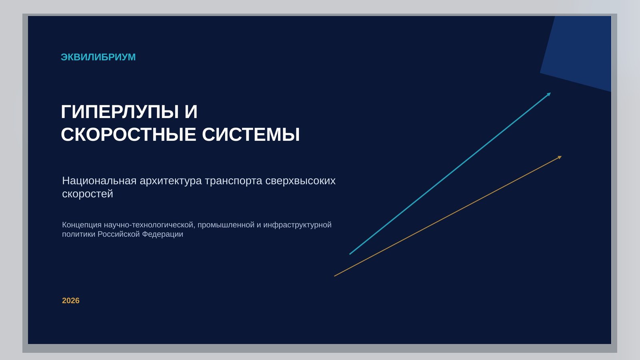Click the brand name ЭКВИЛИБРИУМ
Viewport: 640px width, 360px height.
click(98, 57)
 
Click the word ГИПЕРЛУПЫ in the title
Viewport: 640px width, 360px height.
click(120, 112)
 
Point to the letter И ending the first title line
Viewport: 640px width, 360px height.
click(191, 112)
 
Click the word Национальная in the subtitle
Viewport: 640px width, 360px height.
click(99, 181)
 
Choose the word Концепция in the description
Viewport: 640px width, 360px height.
click(82, 225)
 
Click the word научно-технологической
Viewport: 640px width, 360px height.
click(150, 225)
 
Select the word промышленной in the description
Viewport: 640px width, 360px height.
click(226, 225)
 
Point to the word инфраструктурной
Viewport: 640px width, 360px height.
click(298, 225)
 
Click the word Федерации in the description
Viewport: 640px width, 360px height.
click(162, 234)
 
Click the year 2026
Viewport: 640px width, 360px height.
click(71, 300)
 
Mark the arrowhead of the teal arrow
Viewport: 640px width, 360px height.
click(549, 94)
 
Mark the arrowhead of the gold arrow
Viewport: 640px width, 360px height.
click(560, 157)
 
